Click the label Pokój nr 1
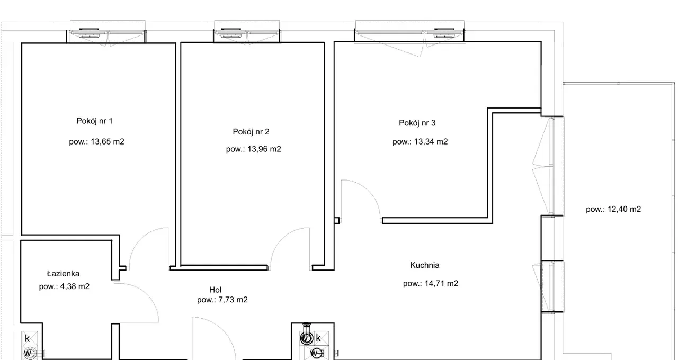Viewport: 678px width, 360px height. coord(94,121)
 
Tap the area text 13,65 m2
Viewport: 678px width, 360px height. coord(108,141)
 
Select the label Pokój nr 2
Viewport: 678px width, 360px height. coord(251,132)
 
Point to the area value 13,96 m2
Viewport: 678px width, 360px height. coord(264,149)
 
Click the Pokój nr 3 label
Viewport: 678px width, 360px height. coord(417,123)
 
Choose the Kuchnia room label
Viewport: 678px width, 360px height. coord(425,265)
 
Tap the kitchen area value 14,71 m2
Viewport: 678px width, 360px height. coord(441,283)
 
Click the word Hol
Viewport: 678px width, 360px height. coord(215,290)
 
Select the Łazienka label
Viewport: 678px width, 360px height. coord(63,274)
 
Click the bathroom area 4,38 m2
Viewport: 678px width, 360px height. coord(75,286)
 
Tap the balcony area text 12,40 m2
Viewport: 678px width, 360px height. coord(624,209)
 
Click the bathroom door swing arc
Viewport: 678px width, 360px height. coord(147,294)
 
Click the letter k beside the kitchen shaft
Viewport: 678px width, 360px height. coord(318,338)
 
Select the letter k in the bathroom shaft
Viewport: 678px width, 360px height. coord(27,338)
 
